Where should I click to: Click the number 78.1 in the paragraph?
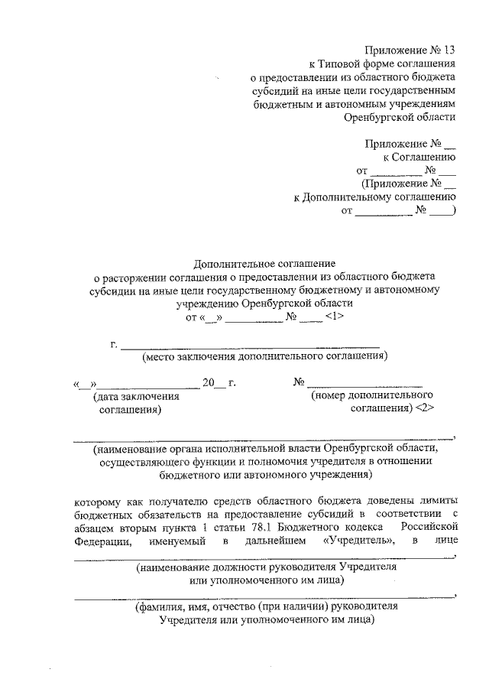click(x=290, y=528)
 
